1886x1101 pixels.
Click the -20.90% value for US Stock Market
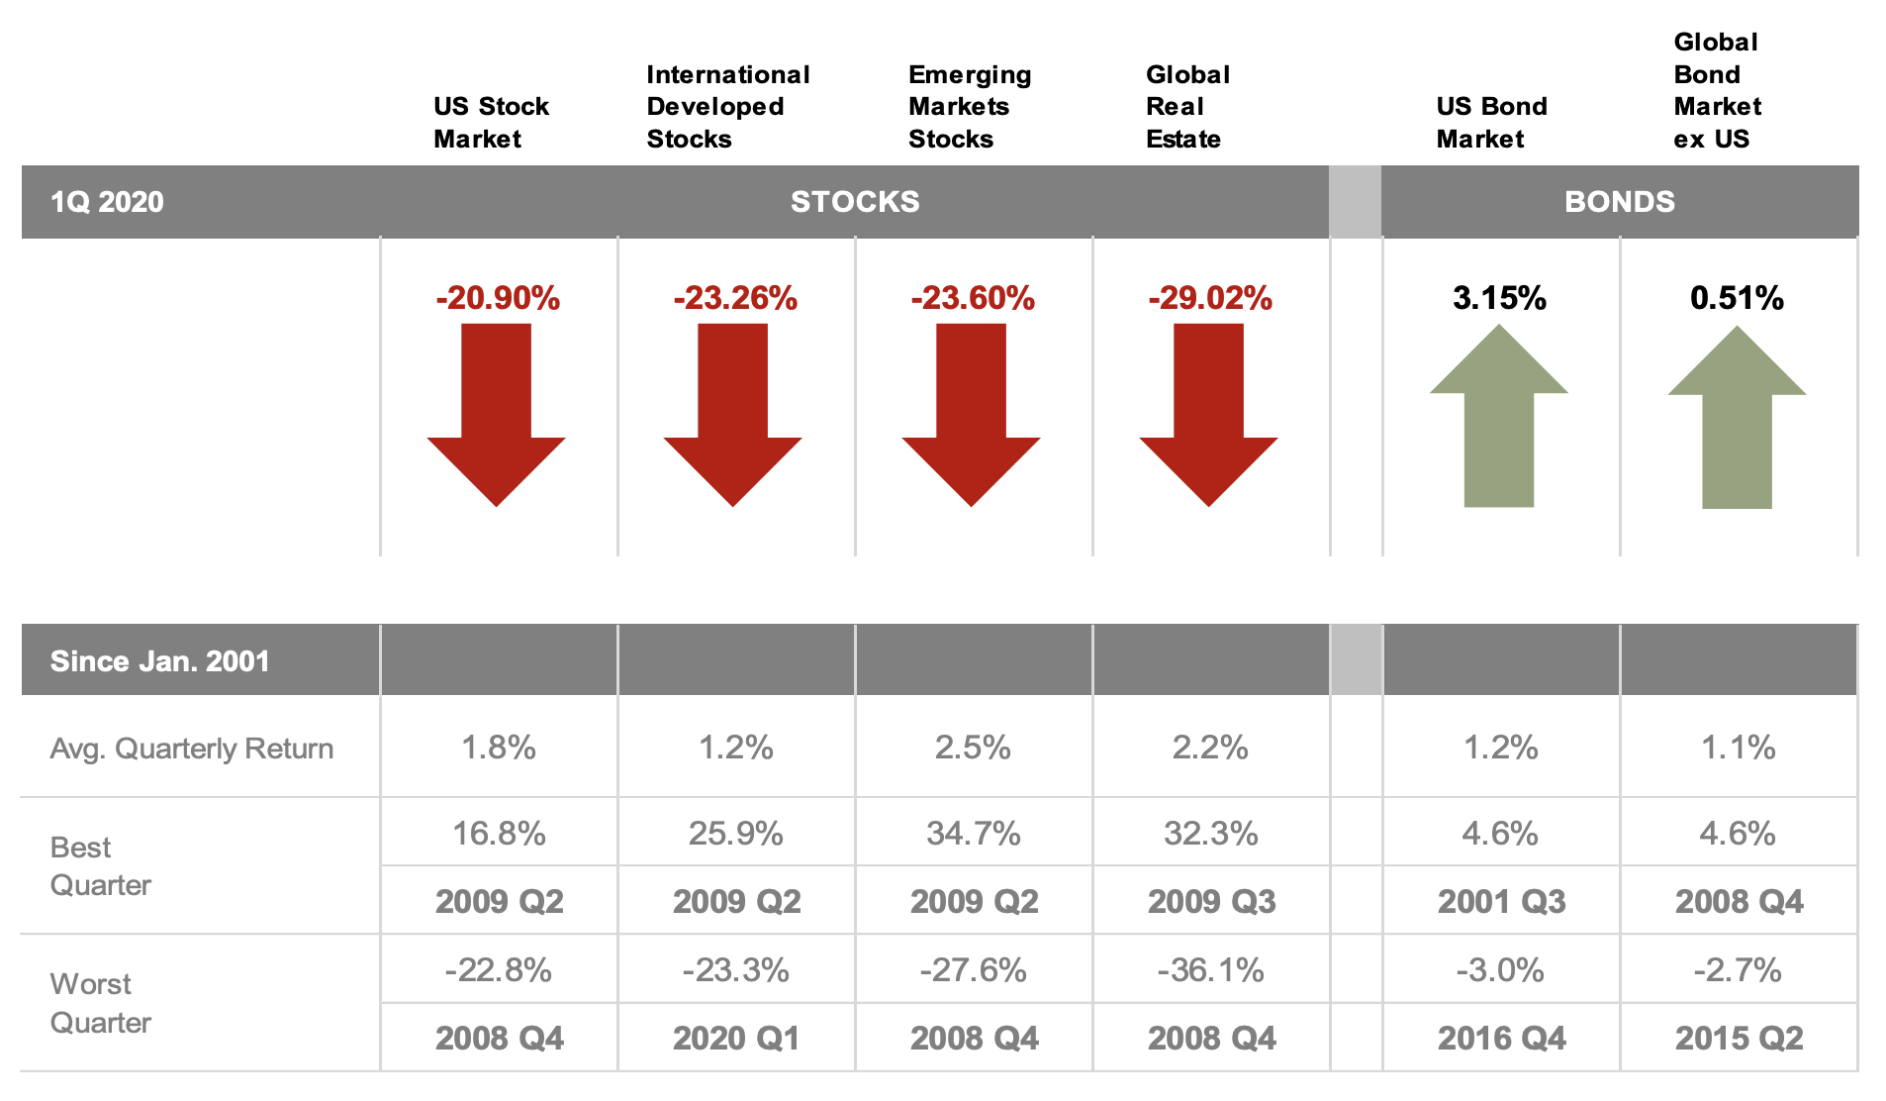498,298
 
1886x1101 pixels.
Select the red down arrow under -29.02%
1208,416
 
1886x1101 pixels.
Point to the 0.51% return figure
1737,298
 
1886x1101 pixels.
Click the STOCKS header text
855,202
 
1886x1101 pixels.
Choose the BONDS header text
1620,202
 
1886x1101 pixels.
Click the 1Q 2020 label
107,202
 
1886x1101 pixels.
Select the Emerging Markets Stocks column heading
969,107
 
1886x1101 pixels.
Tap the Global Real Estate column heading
1186,107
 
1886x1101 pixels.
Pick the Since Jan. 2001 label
159,661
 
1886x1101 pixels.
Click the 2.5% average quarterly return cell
973,748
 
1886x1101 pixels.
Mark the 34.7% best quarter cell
973,834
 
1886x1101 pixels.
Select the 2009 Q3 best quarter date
1211,902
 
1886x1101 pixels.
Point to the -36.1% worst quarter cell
1210,970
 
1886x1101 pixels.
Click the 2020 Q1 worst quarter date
736,1039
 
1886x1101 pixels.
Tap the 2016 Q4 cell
1501,1039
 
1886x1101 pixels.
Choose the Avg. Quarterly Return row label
191,749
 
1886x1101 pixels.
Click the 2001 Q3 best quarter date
1501,902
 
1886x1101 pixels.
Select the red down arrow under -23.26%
732,416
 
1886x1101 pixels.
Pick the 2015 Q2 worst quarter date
1739,1039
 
